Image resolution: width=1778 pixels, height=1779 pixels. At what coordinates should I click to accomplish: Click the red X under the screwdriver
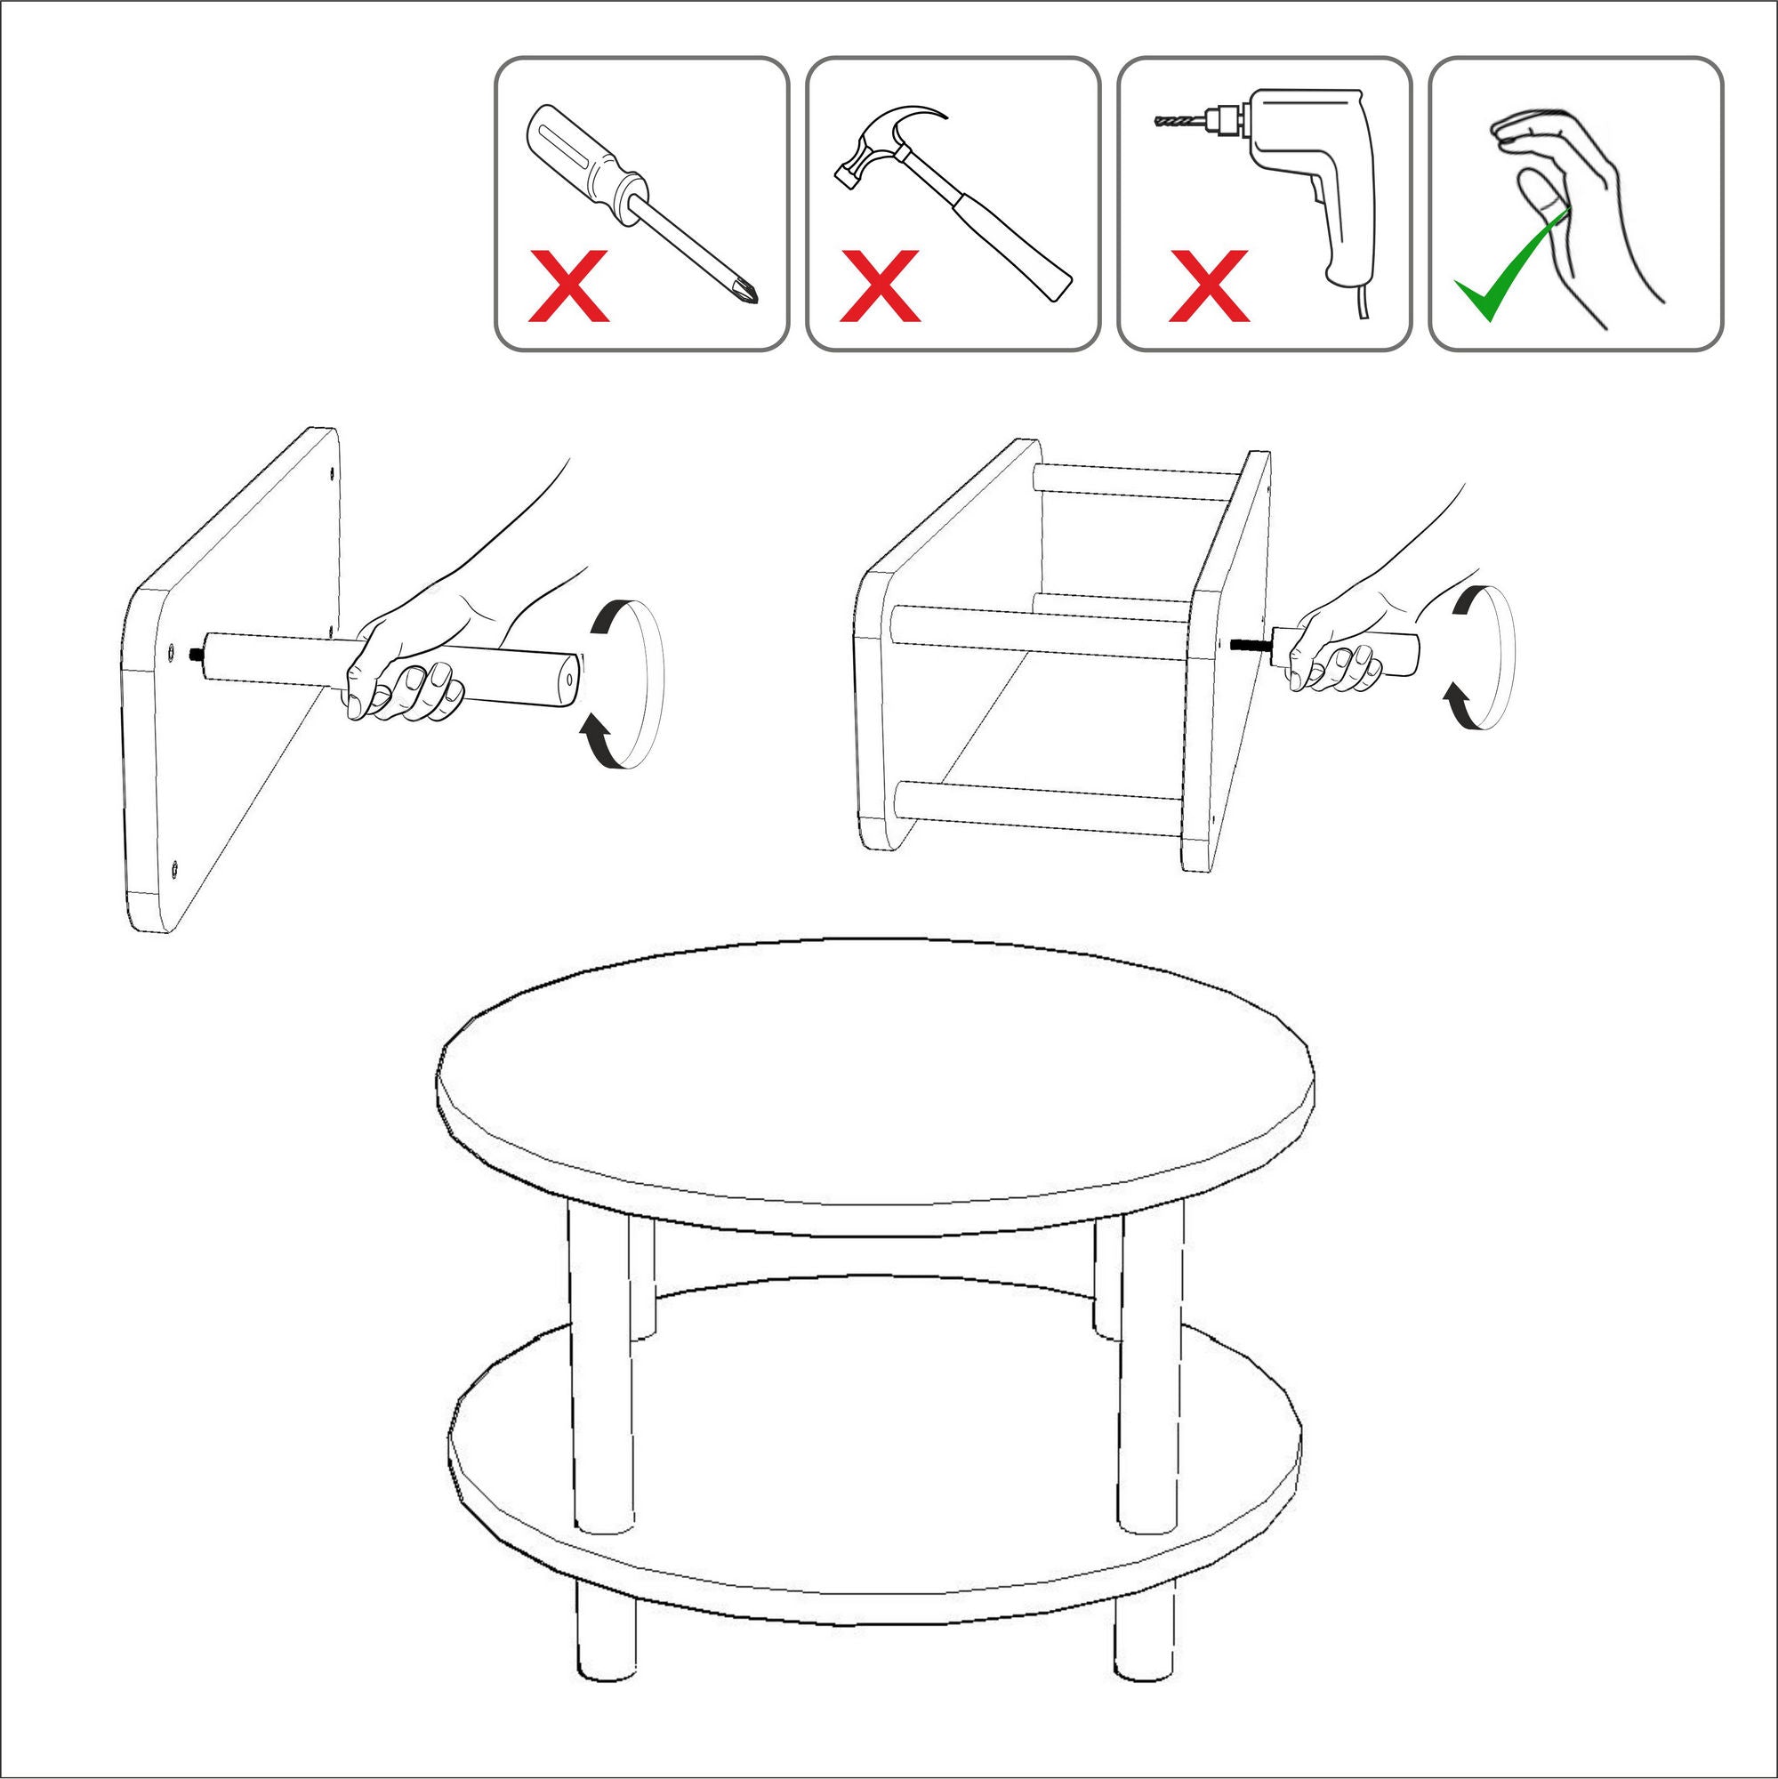tap(568, 286)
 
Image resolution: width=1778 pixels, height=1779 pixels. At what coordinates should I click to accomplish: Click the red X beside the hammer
tap(880, 286)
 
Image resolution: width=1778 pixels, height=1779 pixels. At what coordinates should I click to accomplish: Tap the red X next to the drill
tap(1208, 286)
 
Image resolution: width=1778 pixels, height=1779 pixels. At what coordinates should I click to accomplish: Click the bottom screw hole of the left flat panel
tap(174, 866)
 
